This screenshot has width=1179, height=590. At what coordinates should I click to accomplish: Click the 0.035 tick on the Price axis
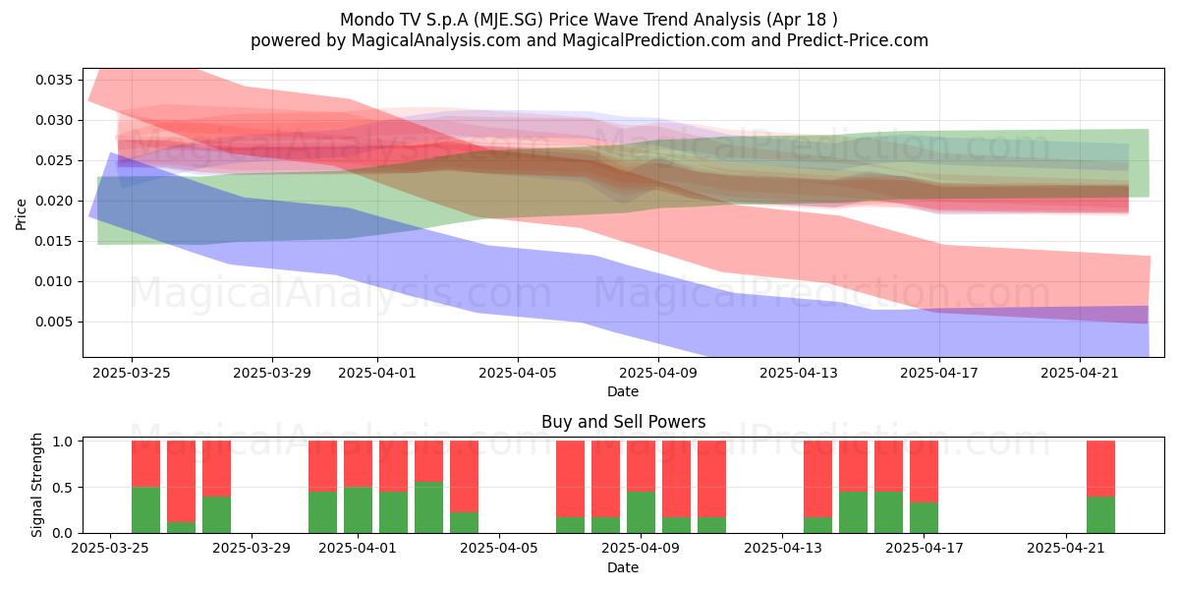(x=53, y=80)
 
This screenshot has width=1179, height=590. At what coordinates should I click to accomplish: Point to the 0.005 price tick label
(x=53, y=322)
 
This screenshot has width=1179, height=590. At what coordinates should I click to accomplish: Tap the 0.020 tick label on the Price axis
(x=53, y=202)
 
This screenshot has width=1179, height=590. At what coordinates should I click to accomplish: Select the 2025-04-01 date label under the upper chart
(x=377, y=373)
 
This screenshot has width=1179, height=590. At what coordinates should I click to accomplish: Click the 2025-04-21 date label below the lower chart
(x=1066, y=549)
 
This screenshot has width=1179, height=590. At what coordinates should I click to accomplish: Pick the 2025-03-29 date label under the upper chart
(x=272, y=373)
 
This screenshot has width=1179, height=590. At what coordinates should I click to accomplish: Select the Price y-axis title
(x=21, y=214)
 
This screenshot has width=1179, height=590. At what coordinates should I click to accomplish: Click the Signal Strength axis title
(x=36, y=485)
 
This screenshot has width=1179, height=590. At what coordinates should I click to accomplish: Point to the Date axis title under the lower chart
(x=623, y=567)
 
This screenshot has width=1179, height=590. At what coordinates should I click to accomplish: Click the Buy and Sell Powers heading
(x=623, y=422)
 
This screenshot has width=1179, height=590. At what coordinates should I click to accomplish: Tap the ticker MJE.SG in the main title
(x=510, y=20)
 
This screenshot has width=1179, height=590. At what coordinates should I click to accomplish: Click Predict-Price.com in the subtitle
(x=858, y=40)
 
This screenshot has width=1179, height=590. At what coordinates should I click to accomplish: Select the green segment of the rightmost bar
(x=1100, y=514)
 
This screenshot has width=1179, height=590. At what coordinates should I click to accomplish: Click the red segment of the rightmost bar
(x=1100, y=468)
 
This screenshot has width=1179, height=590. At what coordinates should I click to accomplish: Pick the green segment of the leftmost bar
(x=145, y=510)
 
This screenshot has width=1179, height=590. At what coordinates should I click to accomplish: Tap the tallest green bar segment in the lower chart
(x=428, y=507)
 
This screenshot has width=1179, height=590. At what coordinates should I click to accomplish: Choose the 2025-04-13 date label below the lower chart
(x=783, y=549)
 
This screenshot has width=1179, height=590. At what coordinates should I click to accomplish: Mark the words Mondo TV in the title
(x=373, y=20)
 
